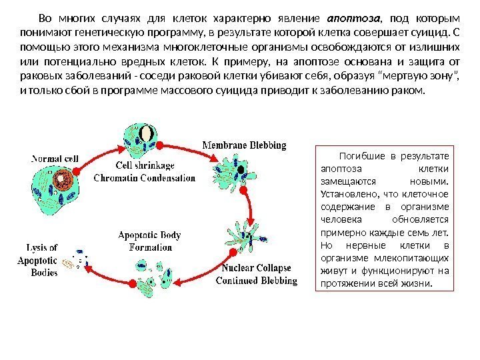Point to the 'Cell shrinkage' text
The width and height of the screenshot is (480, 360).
[x=145, y=165]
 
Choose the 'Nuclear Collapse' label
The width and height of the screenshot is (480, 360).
[x=255, y=268]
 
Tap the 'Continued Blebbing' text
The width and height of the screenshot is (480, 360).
[x=257, y=281]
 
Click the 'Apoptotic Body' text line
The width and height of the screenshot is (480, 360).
[x=149, y=235]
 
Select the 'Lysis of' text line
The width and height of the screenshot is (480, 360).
[x=42, y=247]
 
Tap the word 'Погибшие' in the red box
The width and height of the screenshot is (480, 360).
[x=362, y=156]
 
